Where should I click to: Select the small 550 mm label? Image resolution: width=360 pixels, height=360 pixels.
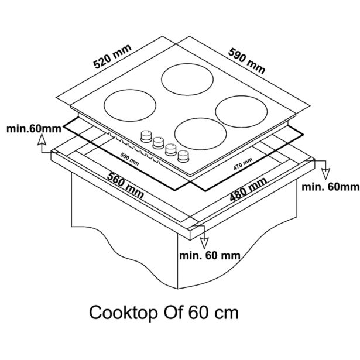tap(130, 158)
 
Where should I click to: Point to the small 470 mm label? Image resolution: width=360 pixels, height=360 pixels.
tap(244, 164)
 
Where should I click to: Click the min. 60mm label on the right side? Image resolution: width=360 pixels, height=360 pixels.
tap(330, 187)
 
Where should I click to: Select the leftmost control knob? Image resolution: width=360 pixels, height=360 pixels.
tap(145, 136)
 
